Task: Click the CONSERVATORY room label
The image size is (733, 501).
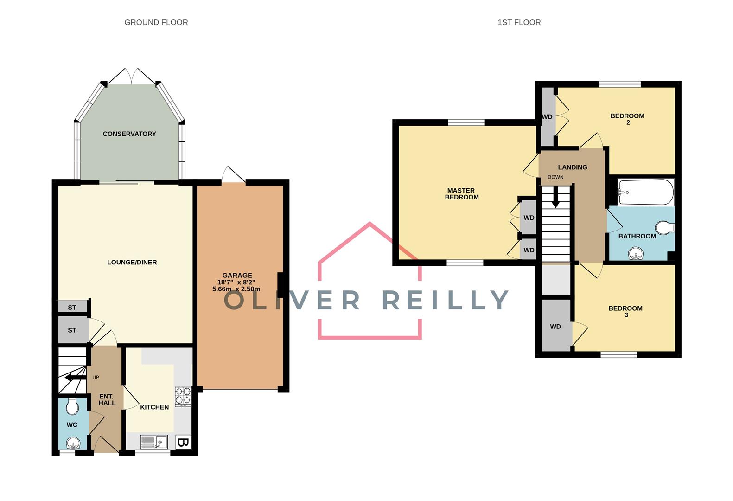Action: pyautogui.click(x=129, y=134)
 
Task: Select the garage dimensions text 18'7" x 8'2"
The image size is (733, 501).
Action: pyautogui.click(x=236, y=282)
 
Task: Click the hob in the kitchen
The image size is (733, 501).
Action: pyautogui.click(x=183, y=397)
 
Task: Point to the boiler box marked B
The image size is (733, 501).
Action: pyautogui.click(x=183, y=442)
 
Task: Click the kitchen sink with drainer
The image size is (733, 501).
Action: pyautogui.click(x=153, y=442)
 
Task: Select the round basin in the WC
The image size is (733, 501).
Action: pyautogui.click(x=72, y=443)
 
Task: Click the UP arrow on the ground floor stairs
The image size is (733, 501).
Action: pyautogui.click(x=74, y=378)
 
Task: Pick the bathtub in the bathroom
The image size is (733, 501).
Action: pyautogui.click(x=645, y=192)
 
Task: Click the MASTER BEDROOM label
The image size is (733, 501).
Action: pyautogui.click(x=461, y=194)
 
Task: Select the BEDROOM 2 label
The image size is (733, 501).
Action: pyautogui.click(x=627, y=119)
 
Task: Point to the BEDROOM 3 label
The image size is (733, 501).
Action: pyautogui.click(x=625, y=312)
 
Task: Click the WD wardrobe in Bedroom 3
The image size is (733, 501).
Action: pyautogui.click(x=555, y=327)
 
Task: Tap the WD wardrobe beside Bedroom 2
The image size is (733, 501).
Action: pyautogui.click(x=547, y=117)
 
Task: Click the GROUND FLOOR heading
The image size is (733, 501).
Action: pyautogui.click(x=156, y=22)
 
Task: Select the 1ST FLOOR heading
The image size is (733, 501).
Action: pyautogui.click(x=519, y=22)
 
